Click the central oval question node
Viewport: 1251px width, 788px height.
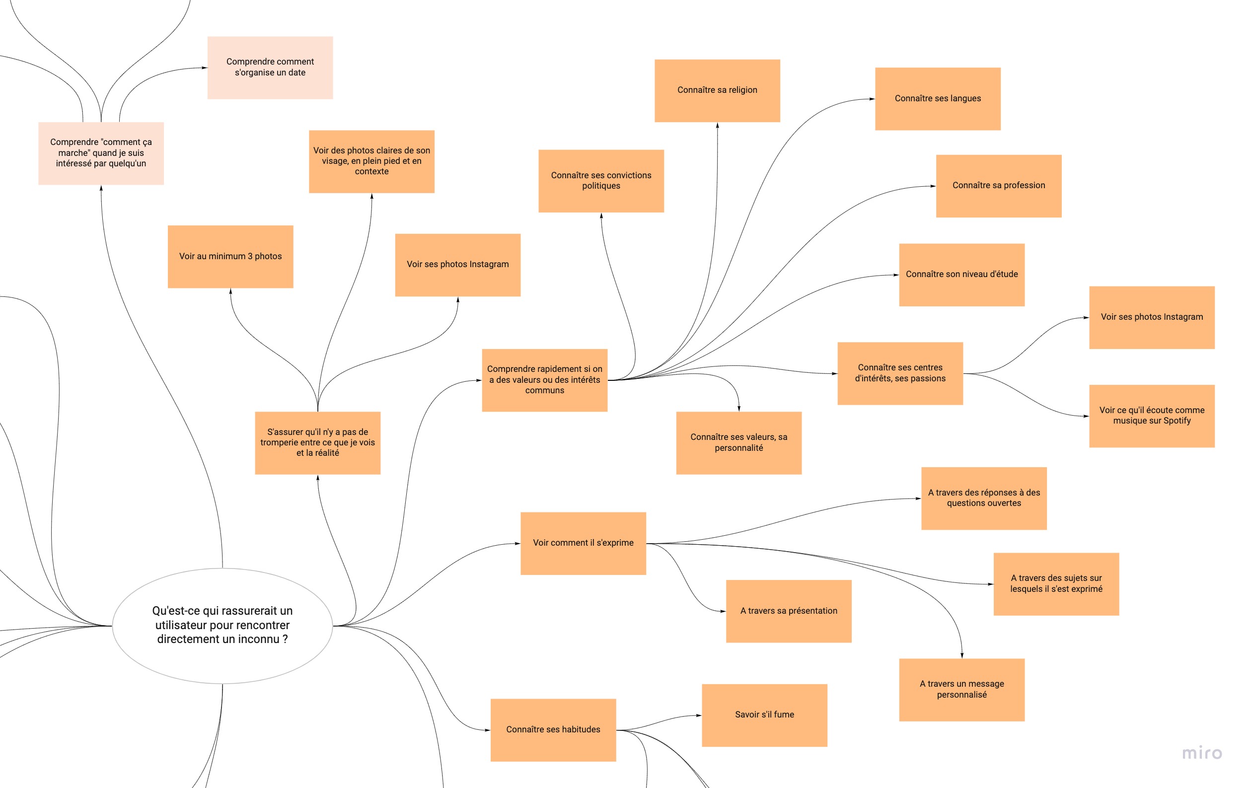coord(222,626)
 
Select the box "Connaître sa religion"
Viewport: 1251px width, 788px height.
coord(717,90)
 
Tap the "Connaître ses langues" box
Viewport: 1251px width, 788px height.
coord(937,99)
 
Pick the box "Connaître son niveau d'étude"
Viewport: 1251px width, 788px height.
coord(961,274)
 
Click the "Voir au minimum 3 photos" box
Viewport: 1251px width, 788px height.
coord(230,256)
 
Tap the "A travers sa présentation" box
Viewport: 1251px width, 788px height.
coord(788,611)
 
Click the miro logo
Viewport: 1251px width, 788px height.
coord(1202,753)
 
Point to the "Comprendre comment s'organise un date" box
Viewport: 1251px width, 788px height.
coord(270,68)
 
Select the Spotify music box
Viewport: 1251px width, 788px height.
coord(1151,416)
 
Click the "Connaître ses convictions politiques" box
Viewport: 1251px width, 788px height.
coord(600,181)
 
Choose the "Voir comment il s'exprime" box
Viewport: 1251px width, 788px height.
coord(583,543)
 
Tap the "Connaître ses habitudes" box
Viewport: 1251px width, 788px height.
coord(553,729)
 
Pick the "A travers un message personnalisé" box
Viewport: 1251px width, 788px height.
coord(961,689)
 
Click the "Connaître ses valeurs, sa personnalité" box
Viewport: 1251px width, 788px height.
coord(738,442)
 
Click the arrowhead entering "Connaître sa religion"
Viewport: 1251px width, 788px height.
coord(718,126)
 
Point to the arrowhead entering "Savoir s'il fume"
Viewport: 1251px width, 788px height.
coord(698,716)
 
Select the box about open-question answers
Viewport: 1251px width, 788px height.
coord(983,498)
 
